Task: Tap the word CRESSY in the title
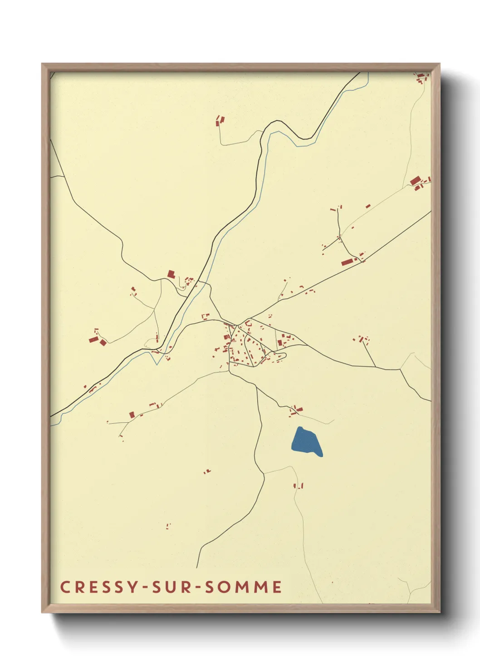98,587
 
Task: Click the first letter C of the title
65,587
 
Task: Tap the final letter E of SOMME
277,587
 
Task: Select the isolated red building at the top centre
220,120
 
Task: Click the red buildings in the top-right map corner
422,78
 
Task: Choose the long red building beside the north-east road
348,262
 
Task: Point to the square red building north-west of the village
171,274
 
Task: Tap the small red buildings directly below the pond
298,485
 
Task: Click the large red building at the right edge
415,181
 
